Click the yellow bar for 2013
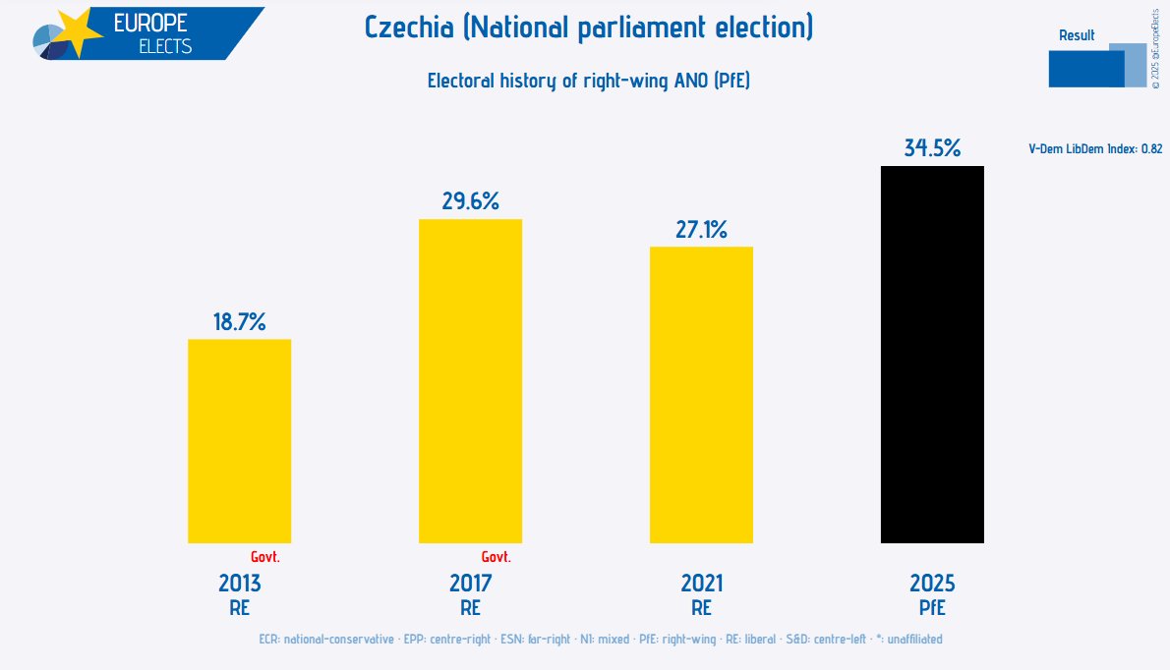click(x=239, y=440)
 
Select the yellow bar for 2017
click(x=470, y=380)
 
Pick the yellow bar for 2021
click(x=701, y=394)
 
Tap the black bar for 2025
click(x=932, y=354)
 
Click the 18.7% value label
click(x=240, y=321)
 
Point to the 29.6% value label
click(x=470, y=201)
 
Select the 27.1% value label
click(x=701, y=230)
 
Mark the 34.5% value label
click(x=932, y=148)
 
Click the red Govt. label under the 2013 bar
click(x=265, y=557)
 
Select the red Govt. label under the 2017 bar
click(x=497, y=557)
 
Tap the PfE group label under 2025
click(x=932, y=608)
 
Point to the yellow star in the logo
click(x=75, y=33)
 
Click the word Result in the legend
click(x=1077, y=35)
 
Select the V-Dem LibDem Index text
click(x=1095, y=149)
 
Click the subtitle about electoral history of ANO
click(x=588, y=81)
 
